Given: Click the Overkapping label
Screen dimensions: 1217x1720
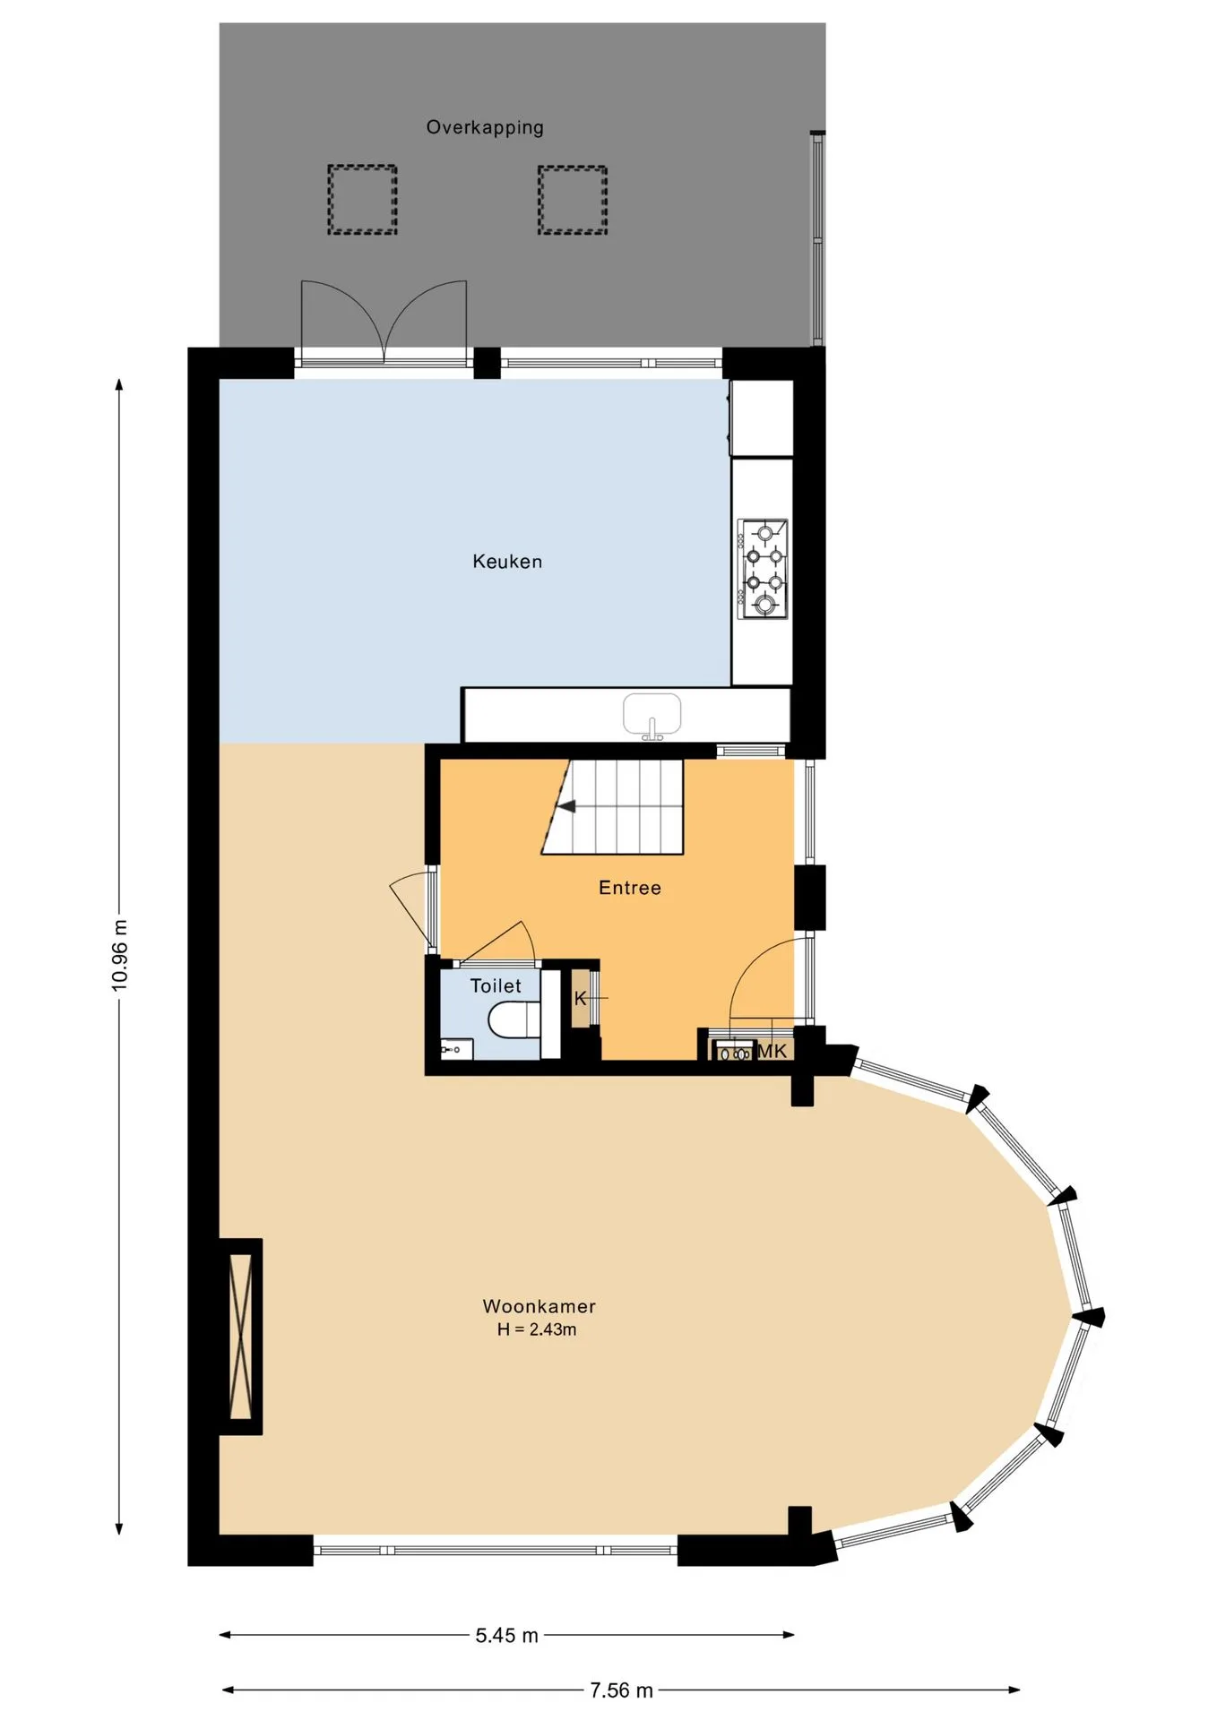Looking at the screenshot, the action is tap(485, 127).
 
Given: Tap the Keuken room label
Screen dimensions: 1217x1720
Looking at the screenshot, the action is tap(507, 562).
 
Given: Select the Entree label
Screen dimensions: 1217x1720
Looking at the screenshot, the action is tap(630, 888).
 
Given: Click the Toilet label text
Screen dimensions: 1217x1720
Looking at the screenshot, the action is tap(496, 985).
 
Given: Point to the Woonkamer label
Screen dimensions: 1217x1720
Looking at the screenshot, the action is tap(539, 1306).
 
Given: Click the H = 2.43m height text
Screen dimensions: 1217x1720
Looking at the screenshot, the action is tap(537, 1329).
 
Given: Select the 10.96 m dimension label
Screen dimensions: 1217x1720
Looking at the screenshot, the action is tap(119, 955).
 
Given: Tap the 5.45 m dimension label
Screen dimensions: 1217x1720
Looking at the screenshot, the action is tap(506, 1635).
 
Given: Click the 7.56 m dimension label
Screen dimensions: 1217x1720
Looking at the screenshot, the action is tap(621, 1690).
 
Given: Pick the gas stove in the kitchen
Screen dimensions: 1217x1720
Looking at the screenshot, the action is tap(763, 569).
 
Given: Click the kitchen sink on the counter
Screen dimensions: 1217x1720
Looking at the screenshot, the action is tap(652, 716).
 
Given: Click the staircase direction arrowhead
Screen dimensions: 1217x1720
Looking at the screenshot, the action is tap(566, 806).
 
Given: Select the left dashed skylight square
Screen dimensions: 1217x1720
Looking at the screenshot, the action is tap(362, 200).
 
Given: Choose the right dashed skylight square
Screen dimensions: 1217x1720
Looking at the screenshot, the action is tap(573, 201).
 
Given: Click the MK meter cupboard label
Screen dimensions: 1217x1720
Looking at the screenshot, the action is tap(772, 1051).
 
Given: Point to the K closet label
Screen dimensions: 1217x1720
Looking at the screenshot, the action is tap(580, 998).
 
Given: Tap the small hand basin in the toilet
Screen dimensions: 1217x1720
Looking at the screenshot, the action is tap(456, 1048).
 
